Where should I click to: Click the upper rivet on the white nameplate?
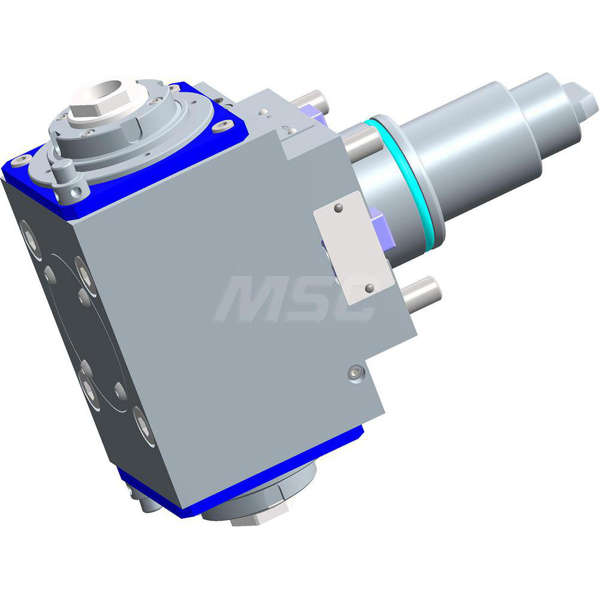[x=339, y=208]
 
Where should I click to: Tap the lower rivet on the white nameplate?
[x=369, y=288]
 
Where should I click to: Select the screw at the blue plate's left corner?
[x=22, y=159]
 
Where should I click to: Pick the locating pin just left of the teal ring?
[x=363, y=141]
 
